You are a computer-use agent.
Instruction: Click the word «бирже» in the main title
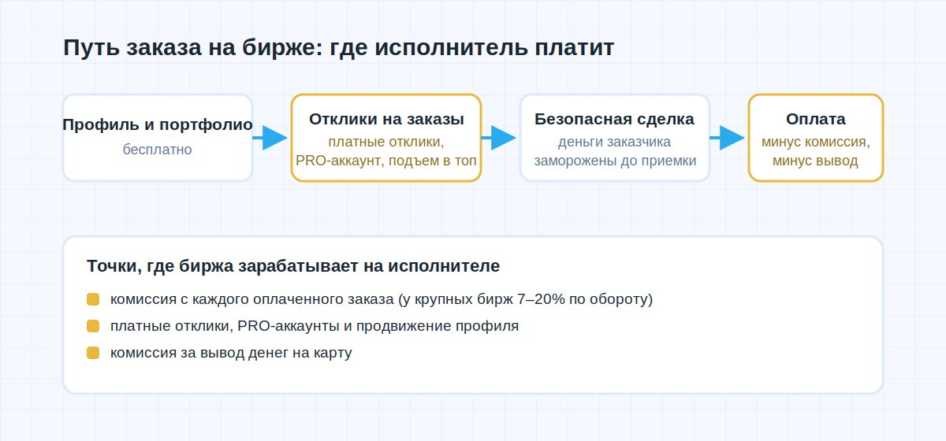279,47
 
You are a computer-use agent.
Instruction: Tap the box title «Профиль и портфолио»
158,124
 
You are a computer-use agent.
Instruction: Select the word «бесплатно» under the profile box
158,150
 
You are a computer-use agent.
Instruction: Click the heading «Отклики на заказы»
386,119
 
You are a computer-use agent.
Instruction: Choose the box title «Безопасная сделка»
614,119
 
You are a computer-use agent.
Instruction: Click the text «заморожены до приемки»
616,161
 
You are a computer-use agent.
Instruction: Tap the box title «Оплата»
816,119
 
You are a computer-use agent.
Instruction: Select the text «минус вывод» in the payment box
815,161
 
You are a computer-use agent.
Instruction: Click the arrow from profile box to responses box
270,138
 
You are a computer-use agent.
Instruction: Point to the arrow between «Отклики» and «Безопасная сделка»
498,138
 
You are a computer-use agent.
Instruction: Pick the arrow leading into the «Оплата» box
727,138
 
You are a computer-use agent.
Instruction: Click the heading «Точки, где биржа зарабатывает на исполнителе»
293,266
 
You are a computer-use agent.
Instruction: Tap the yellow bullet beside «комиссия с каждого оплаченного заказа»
93,299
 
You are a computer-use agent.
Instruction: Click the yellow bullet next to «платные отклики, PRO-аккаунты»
93,326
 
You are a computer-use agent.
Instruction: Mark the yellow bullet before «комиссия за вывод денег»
93,353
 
